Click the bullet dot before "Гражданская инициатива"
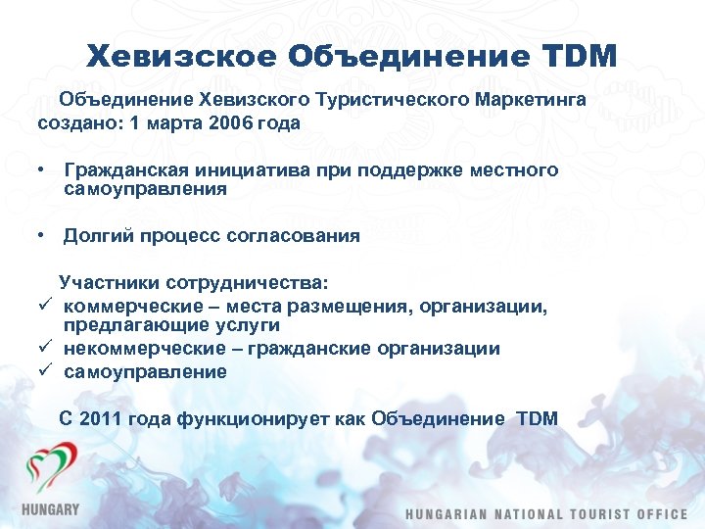[x=43, y=169]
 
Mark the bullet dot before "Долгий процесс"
[x=43, y=235]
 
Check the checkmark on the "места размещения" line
[x=44, y=307]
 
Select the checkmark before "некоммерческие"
[x=44, y=348]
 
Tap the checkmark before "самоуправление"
[x=44, y=371]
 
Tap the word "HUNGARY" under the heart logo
[x=50, y=509]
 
